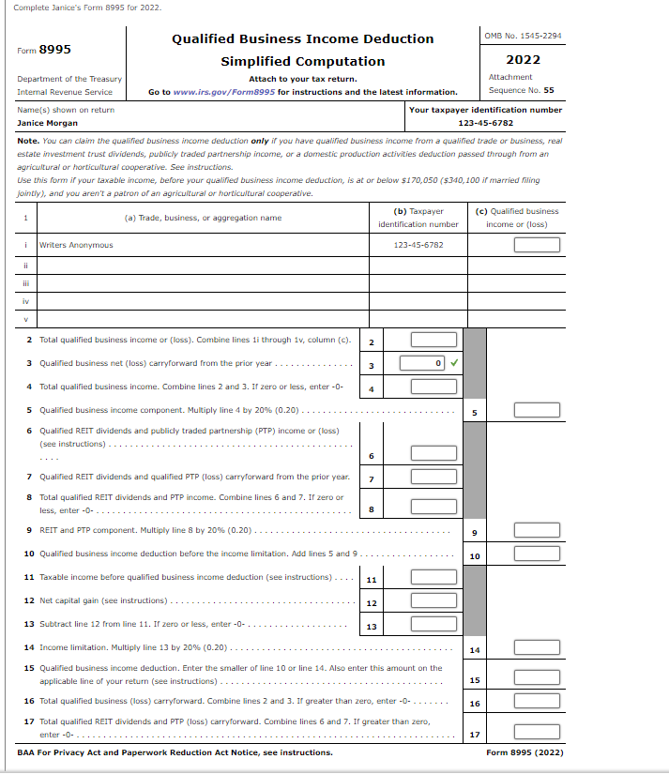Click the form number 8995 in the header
click(x=54, y=49)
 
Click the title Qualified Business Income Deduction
click(x=302, y=38)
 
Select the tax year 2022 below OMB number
click(x=523, y=59)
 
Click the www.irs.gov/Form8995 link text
click(x=223, y=92)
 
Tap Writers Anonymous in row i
click(x=76, y=245)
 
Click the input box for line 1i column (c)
click(x=536, y=245)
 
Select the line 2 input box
click(x=433, y=340)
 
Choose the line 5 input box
click(x=536, y=410)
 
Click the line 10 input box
click(x=536, y=554)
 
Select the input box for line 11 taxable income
click(x=433, y=578)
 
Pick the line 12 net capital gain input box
click(x=433, y=601)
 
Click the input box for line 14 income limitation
click(x=536, y=649)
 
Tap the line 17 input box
click(x=536, y=733)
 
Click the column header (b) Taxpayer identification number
click(x=418, y=218)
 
